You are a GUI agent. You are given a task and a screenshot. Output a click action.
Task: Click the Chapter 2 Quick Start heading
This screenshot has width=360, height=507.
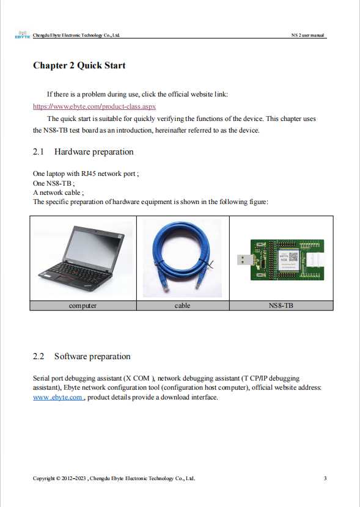click(79, 65)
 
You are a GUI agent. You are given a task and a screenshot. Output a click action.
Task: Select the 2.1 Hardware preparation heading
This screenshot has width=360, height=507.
click(83, 151)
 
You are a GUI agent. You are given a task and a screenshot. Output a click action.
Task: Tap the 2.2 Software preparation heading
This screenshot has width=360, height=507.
click(81, 356)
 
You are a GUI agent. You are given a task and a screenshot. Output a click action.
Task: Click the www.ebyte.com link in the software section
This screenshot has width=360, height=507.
click(58, 397)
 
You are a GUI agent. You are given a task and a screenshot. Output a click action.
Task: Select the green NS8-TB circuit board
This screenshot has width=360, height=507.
click(285, 260)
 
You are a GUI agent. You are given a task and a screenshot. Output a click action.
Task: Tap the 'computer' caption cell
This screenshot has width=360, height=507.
click(83, 305)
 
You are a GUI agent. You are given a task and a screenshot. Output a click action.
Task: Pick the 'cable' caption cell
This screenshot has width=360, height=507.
click(182, 305)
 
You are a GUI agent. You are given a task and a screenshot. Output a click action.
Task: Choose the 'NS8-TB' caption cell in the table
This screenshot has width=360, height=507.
click(281, 305)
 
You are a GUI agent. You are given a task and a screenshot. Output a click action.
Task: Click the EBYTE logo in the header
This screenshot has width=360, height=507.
click(22, 35)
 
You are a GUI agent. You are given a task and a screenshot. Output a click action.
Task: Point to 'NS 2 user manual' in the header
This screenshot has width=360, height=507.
click(308, 35)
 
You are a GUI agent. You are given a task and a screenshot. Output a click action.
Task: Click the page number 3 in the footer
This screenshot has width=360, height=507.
click(325, 478)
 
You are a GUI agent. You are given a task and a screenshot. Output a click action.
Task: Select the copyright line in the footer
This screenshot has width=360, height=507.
click(114, 478)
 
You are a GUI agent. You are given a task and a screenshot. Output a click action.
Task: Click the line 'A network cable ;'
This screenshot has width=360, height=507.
click(58, 192)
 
